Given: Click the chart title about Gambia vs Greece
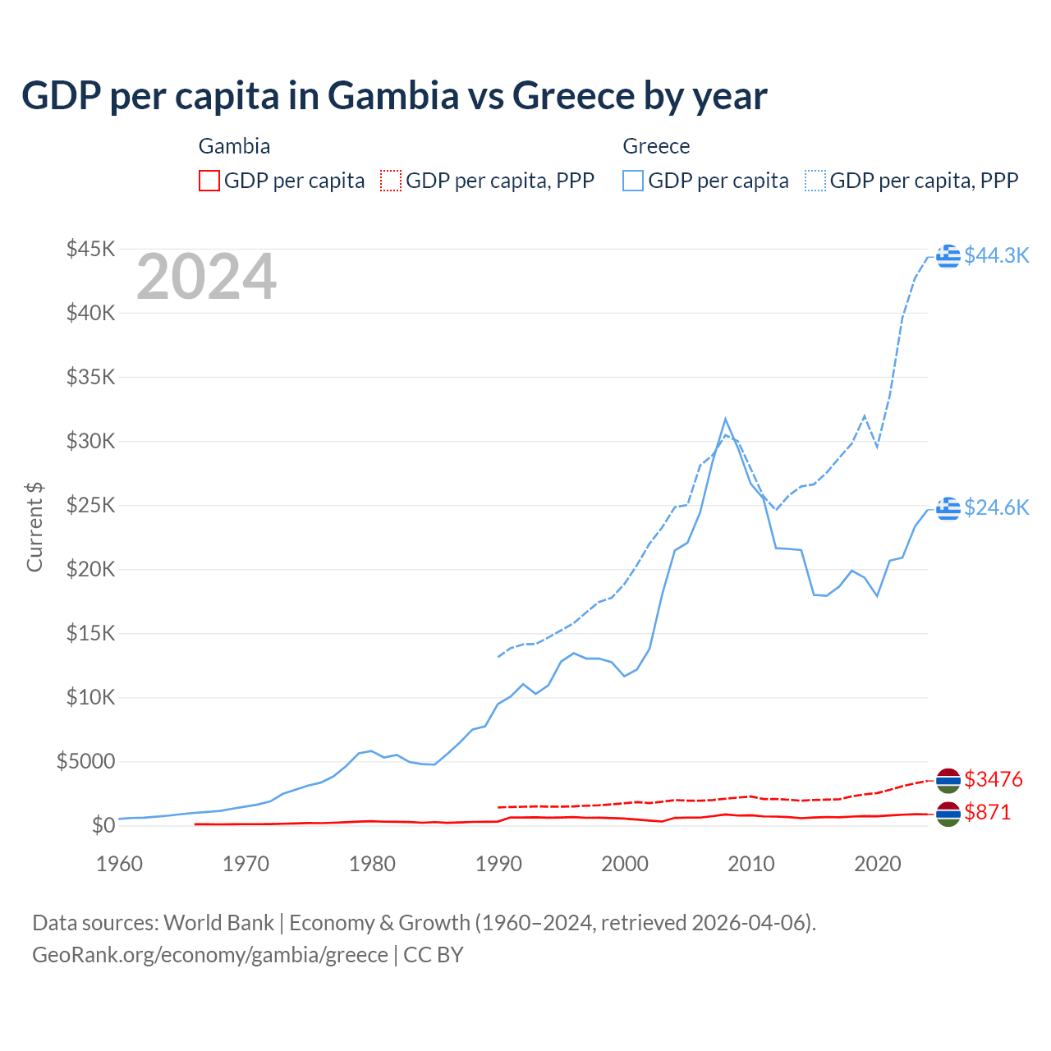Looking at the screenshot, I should coord(394,96).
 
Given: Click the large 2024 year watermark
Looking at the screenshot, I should coord(206,278).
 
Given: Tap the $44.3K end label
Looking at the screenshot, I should coord(996,255).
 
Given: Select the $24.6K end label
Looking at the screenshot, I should coord(996,507).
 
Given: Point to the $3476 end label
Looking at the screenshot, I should coord(994,778).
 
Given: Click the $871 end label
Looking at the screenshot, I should coord(988,812).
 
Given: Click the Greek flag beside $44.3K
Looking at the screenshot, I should coord(948,255).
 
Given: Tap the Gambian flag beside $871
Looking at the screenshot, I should coord(948,814).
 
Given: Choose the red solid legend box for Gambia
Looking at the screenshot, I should coord(209,181).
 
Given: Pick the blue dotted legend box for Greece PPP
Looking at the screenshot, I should coord(815,181).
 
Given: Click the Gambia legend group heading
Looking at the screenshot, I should coord(234,146).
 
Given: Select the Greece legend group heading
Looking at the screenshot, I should coord(656,146).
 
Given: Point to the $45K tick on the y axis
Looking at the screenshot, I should coord(91,249).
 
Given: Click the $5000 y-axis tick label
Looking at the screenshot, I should coord(85,761).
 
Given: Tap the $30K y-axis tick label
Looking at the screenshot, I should coord(91,441).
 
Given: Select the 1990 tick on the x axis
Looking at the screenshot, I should coord(498,864).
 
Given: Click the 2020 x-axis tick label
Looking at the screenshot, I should coord(878,864).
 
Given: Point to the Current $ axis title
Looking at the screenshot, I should coord(34,526).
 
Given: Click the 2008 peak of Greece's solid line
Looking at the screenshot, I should coord(725,420).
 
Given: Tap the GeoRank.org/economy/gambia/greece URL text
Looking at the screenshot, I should coord(210,955).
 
